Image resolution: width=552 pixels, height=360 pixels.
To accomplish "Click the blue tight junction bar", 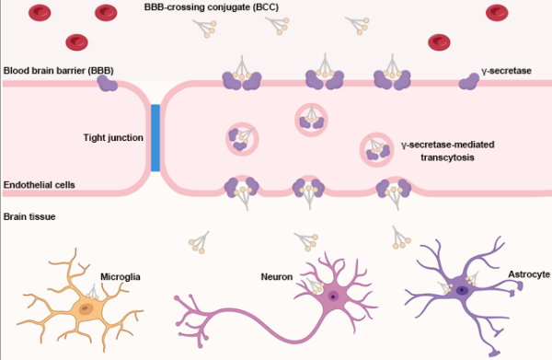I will [155, 138].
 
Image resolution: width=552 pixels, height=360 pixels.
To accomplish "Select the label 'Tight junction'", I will [112, 138].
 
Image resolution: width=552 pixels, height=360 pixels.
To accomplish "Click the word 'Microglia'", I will [121, 274].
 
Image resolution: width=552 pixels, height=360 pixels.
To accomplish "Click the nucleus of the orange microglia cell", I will [85, 310].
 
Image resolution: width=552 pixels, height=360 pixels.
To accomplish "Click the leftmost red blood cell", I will [39, 13].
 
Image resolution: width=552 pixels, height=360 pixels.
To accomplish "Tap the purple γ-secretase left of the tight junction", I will [109, 84].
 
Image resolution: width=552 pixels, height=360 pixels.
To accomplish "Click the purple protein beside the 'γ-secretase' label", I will [470, 83].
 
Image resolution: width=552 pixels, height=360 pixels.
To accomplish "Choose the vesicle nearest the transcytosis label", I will [375, 147].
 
